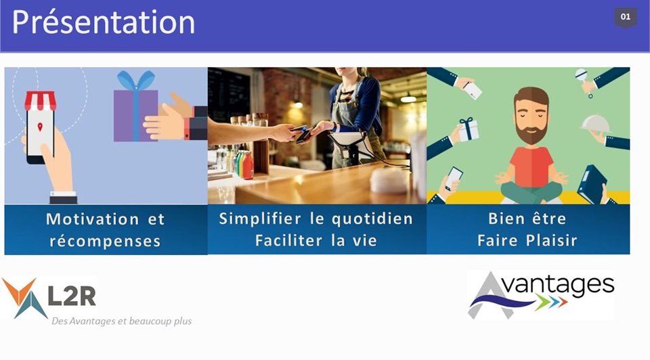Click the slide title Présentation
103,23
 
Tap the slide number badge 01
626,18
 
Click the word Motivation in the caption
93,219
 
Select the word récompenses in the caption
105,241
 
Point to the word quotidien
372,219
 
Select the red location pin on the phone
40,127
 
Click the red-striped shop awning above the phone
40,101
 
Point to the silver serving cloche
595,123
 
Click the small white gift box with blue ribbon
469,129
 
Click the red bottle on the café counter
248,166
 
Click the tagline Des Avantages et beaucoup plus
121,321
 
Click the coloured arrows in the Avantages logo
551,301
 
